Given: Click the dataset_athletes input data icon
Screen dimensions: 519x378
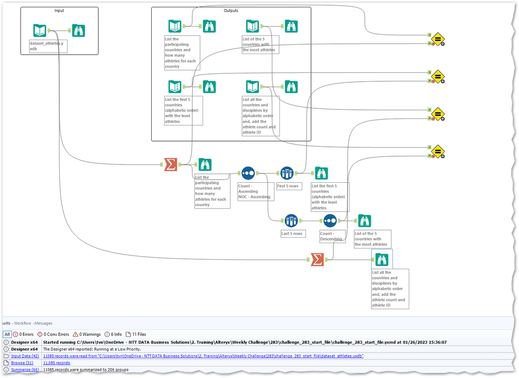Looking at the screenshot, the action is (x=39, y=31).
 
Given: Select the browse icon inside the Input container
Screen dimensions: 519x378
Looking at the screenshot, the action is (x=78, y=31).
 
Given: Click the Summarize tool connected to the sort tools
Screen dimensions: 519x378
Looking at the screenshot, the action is (x=170, y=165).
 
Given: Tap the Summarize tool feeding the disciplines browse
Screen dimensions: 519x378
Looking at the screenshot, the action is (x=317, y=260).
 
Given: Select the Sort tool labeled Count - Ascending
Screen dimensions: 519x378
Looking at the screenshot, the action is (x=248, y=173).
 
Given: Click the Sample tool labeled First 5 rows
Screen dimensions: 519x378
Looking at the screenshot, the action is (x=287, y=173).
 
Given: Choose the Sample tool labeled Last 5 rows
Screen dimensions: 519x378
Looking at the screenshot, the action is (x=291, y=221).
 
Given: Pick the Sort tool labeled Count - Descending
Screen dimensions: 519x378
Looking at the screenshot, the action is (x=330, y=221).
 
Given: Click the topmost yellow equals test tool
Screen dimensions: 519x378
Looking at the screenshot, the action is (x=437, y=39).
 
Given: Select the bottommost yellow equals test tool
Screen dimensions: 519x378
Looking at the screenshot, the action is (x=437, y=152).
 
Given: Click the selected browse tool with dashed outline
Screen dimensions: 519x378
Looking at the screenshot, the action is (x=382, y=259).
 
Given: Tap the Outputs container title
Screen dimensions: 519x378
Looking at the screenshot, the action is (x=231, y=10).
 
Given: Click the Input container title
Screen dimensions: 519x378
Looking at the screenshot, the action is (x=59, y=10).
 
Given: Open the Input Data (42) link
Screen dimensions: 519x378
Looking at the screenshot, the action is (x=25, y=356).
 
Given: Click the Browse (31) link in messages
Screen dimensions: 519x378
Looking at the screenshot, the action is (x=22, y=363).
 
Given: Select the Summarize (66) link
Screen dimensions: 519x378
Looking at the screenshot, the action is (x=25, y=370).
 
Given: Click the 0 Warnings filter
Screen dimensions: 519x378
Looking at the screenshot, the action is (x=87, y=334).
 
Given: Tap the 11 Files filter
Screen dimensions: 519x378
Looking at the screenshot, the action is (x=136, y=334).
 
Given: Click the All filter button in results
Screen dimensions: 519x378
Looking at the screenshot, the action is (x=7, y=334).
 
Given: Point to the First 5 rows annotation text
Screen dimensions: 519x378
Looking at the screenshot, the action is (x=288, y=186).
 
